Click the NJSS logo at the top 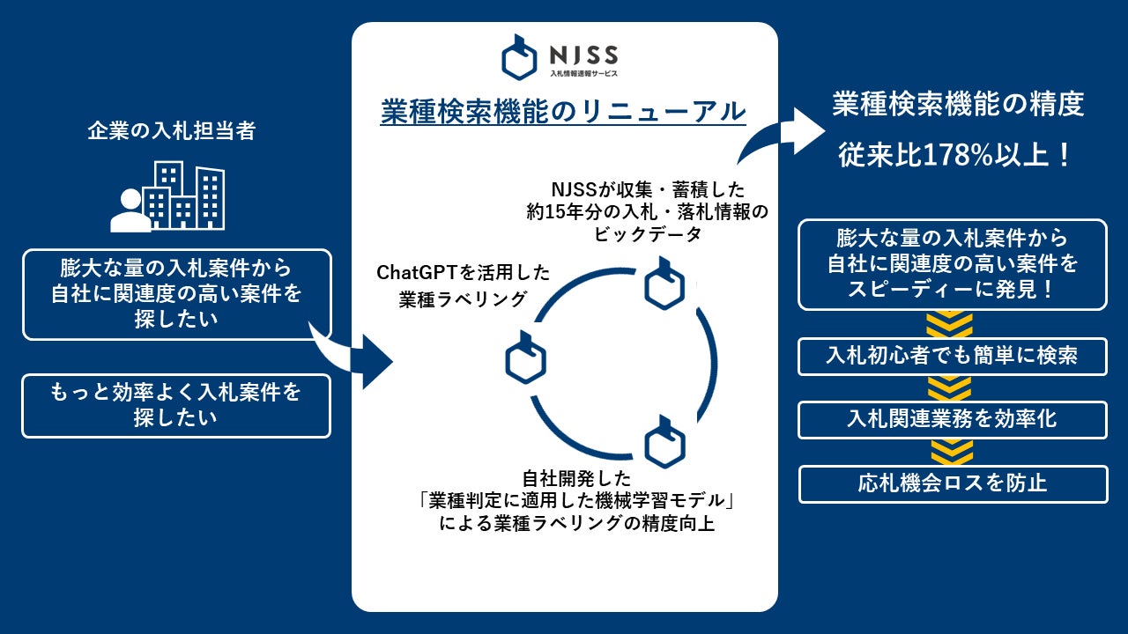pyautogui.click(x=560, y=56)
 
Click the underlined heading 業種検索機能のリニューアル pyautogui.click(x=563, y=112)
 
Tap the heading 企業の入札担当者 pyautogui.click(x=172, y=131)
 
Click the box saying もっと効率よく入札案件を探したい pyautogui.click(x=176, y=405)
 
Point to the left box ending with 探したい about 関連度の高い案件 pyautogui.click(x=176, y=294)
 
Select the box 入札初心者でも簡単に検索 pyautogui.click(x=953, y=357)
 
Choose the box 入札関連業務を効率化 pyautogui.click(x=953, y=420)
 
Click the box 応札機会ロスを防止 pyautogui.click(x=953, y=483)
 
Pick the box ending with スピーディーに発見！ pyautogui.click(x=953, y=264)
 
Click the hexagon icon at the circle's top pyautogui.click(x=664, y=284)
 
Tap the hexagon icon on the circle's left pyautogui.click(x=525, y=358)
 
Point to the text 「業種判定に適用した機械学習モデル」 pyautogui.click(x=577, y=502)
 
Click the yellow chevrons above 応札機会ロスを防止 pyautogui.click(x=953, y=453)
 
